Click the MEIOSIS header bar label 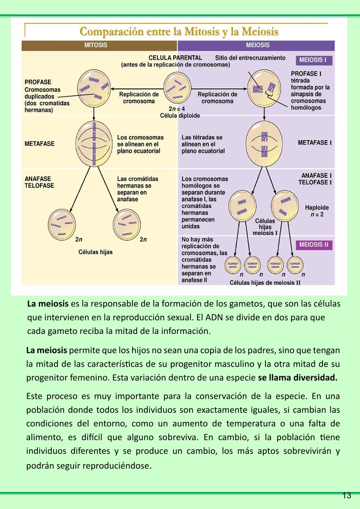(258, 45)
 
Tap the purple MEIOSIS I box (313, 60)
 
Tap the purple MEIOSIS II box (314, 245)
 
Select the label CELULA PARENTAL (175, 58)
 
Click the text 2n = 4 (177, 109)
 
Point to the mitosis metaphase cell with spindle (94, 143)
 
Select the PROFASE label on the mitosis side (37, 82)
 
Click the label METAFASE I (315, 143)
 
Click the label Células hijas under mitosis (95, 252)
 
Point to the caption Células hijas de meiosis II (265, 283)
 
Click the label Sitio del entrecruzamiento (250, 58)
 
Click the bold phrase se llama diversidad (298, 378)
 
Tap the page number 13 (347, 496)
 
